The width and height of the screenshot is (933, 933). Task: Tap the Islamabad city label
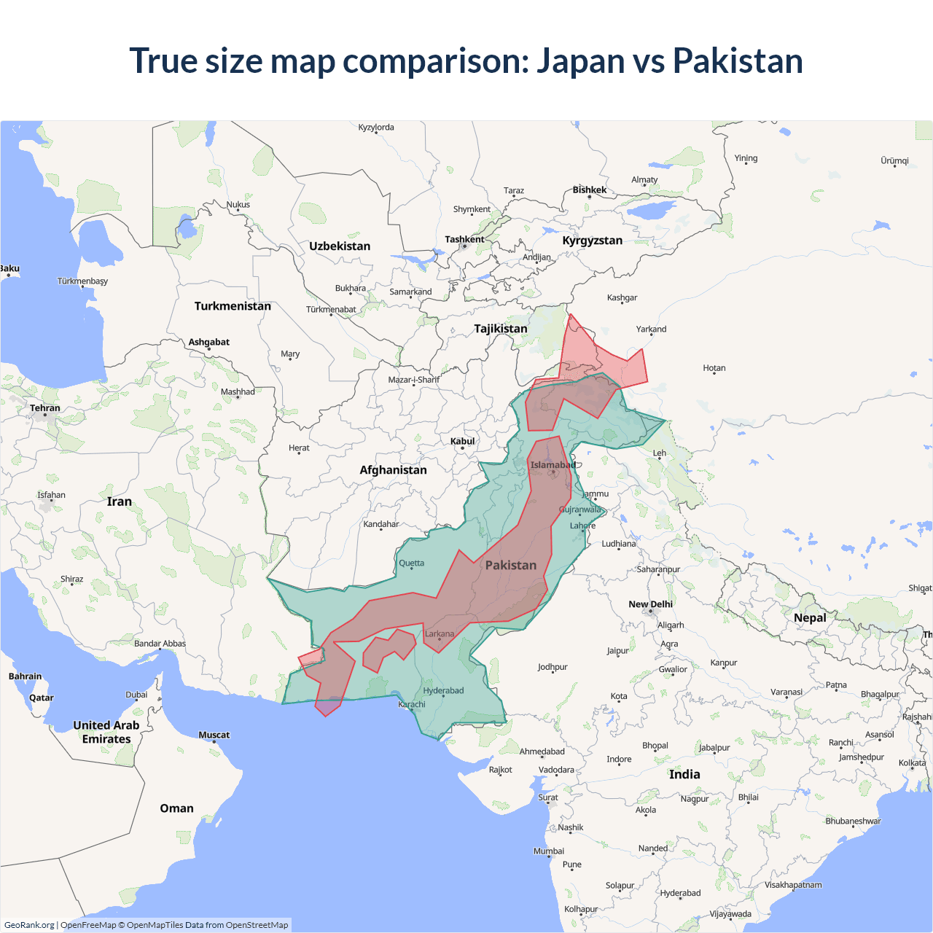pyautogui.click(x=553, y=465)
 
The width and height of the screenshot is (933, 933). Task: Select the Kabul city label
pyautogui.click(x=462, y=441)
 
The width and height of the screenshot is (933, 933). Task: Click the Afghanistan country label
pyautogui.click(x=393, y=470)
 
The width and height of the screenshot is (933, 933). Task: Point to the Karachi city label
pyautogui.click(x=412, y=704)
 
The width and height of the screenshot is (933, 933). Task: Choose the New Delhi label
pyautogui.click(x=650, y=604)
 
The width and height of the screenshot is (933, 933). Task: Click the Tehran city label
pyautogui.click(x=44, y=408)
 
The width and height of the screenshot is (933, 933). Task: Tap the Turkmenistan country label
pyautogui.click(x=233, y=306)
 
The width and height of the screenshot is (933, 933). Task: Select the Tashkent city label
pyautogui.click(x=464, y=239)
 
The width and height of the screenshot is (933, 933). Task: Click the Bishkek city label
pyautogui.click(x=589, y=190)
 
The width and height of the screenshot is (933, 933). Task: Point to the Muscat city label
pyautogui.click(x=214, y=735)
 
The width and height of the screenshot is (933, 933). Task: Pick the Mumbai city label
pyautogui.click(x=548, y=851)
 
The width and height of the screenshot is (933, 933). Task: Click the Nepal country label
pyautogui.click(x=810, y=617)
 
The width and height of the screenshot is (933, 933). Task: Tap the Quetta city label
pyautogui.click(x=411, y=563)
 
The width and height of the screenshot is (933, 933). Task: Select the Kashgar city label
pyautogui.click(x=622, y=297)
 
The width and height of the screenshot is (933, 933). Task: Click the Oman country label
pyautogui.click(x=176, y=808)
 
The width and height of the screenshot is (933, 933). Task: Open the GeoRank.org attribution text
pyautogui.click(x=29, y=925)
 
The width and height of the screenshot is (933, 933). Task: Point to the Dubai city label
pyautogui.click(x=136, y=695)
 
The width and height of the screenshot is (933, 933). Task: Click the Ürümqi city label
pyautogui.click(x=894, y=160)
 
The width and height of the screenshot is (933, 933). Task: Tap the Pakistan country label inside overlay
pyautogui.click(x=510, y=566)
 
